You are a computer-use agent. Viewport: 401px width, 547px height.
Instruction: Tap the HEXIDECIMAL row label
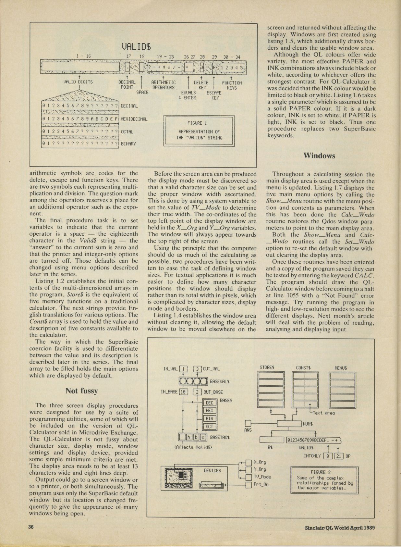[134, 119]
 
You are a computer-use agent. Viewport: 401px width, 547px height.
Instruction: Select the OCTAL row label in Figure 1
[127, 132]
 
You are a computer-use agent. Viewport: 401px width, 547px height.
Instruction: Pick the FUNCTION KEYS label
[232, 85]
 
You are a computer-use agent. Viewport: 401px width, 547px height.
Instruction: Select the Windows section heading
[319, 155]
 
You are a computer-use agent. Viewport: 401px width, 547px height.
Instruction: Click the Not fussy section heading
[81, 391]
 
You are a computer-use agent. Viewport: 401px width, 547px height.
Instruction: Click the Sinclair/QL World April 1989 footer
[340, 528]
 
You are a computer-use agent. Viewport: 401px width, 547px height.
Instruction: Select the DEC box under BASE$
[210, 403]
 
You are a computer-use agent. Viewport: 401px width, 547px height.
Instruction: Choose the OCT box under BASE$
[210, 426]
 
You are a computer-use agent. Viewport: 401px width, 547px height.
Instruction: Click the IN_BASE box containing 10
[182, 392]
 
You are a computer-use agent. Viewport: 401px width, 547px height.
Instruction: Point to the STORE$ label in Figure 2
[267, 368]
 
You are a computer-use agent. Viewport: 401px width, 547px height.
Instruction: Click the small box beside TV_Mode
[249, 477]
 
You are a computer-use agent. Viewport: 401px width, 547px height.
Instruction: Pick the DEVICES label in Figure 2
[212, 470]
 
